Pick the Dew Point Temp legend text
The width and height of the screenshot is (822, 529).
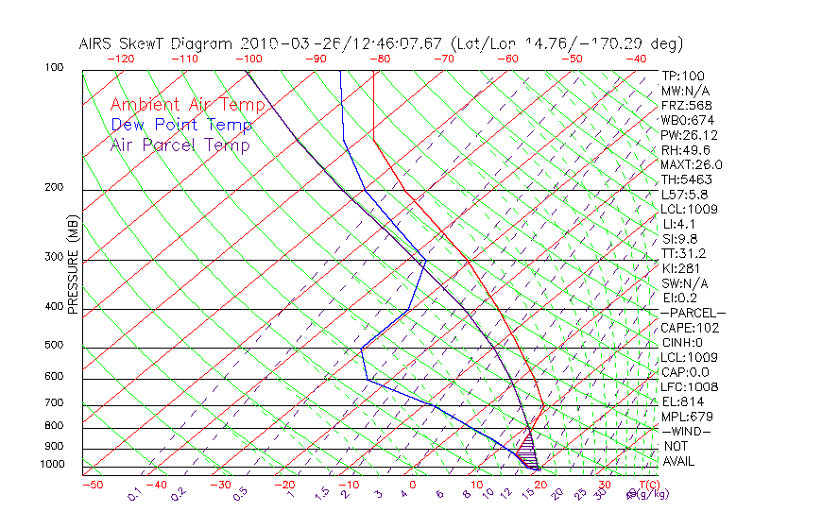(180, 125)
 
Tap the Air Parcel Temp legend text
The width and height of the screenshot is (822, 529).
(180, 145)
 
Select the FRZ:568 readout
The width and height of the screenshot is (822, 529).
(684, 106)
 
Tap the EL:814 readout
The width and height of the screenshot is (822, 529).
(680, 401)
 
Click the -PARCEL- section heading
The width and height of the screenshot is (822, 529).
(693, 313)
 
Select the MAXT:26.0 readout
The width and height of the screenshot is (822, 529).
(691, 164)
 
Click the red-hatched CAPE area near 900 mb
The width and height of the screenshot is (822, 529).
(527, 442)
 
